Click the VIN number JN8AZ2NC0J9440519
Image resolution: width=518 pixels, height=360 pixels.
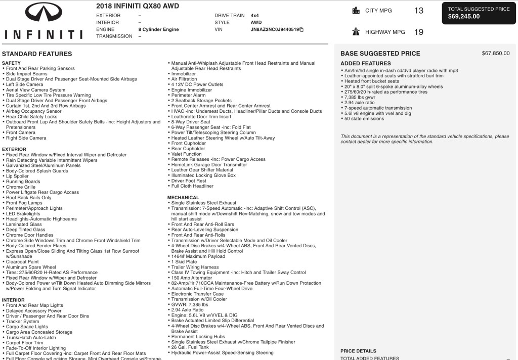[x=275, y=30]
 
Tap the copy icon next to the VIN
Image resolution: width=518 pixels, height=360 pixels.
[x=301, y=30]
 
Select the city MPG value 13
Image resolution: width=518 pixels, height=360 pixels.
[x=418, y=11]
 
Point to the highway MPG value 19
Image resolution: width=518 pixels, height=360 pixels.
[x=418, y=32]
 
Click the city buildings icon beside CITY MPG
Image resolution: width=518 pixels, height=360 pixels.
[x=356, y=11]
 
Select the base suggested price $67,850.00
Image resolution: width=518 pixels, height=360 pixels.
[x=496, y=53]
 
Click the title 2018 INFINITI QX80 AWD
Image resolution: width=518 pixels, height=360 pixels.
[x=137, y=7]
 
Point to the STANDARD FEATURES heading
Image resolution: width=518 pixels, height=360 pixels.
[x=37, y=54]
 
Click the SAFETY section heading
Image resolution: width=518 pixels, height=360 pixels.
[x=12, y=63]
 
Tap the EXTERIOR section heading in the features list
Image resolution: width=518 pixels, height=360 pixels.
[x=15, y=150]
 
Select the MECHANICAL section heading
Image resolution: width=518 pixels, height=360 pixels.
[x=183, y=198]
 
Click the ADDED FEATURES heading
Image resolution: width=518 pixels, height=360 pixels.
[x=365, y=64]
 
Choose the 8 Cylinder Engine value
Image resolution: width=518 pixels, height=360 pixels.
[x=158, y=30]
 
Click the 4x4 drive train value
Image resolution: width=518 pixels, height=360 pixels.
[x=255, y=16]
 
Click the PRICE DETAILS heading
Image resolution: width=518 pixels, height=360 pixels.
[x=358, y=351]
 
